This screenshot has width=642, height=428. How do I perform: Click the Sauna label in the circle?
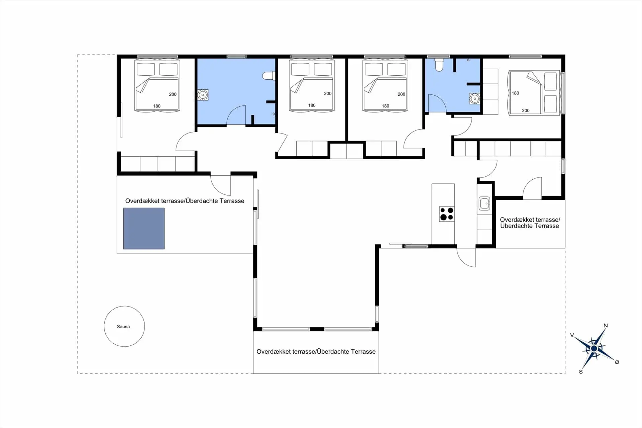pyautogui.click(x=123, y=327)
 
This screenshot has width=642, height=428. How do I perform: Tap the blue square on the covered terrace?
pyautogui.click(x=144, y=229)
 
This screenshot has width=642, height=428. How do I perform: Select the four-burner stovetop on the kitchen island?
pyautogui.click(x=447, y=214)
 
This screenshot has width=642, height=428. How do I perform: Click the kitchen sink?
pyautogui.click(x=484, y=203)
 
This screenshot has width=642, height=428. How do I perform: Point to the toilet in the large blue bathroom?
pyautogui.click(x=269, y=76)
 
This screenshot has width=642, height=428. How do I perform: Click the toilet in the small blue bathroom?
pyautogui.click(x=439, y=65)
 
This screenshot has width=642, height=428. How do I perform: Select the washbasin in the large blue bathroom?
pyautogui.click(x=203, y=95)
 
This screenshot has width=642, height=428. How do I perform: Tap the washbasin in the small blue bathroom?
pyautogui.click(x=474, y=99)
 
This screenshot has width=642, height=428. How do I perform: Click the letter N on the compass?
pyautogui.click(x=606, y=326)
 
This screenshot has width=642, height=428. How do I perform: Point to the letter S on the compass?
pyautogui.click(x=581, y=372)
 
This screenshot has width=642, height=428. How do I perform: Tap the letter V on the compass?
pyautogui.click(x=572, y=335)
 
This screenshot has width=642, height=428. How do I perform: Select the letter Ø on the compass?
pyautogui.click(x=617, y=362)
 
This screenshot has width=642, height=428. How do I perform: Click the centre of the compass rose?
pyautogui.click(x=594, y=349)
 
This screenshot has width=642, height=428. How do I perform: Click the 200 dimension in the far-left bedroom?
pyautogui.click(x=173, y=94)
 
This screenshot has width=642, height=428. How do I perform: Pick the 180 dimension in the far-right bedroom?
pyautogui.click(x=515, y=93)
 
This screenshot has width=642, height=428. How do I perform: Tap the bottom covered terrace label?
pyautogui.click(x=316, y=352)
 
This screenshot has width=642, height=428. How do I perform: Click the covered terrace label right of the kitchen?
pyautogui.click(x=530, y=223)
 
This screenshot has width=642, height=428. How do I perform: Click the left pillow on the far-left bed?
pyautogui.click(x=146, y=69)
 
